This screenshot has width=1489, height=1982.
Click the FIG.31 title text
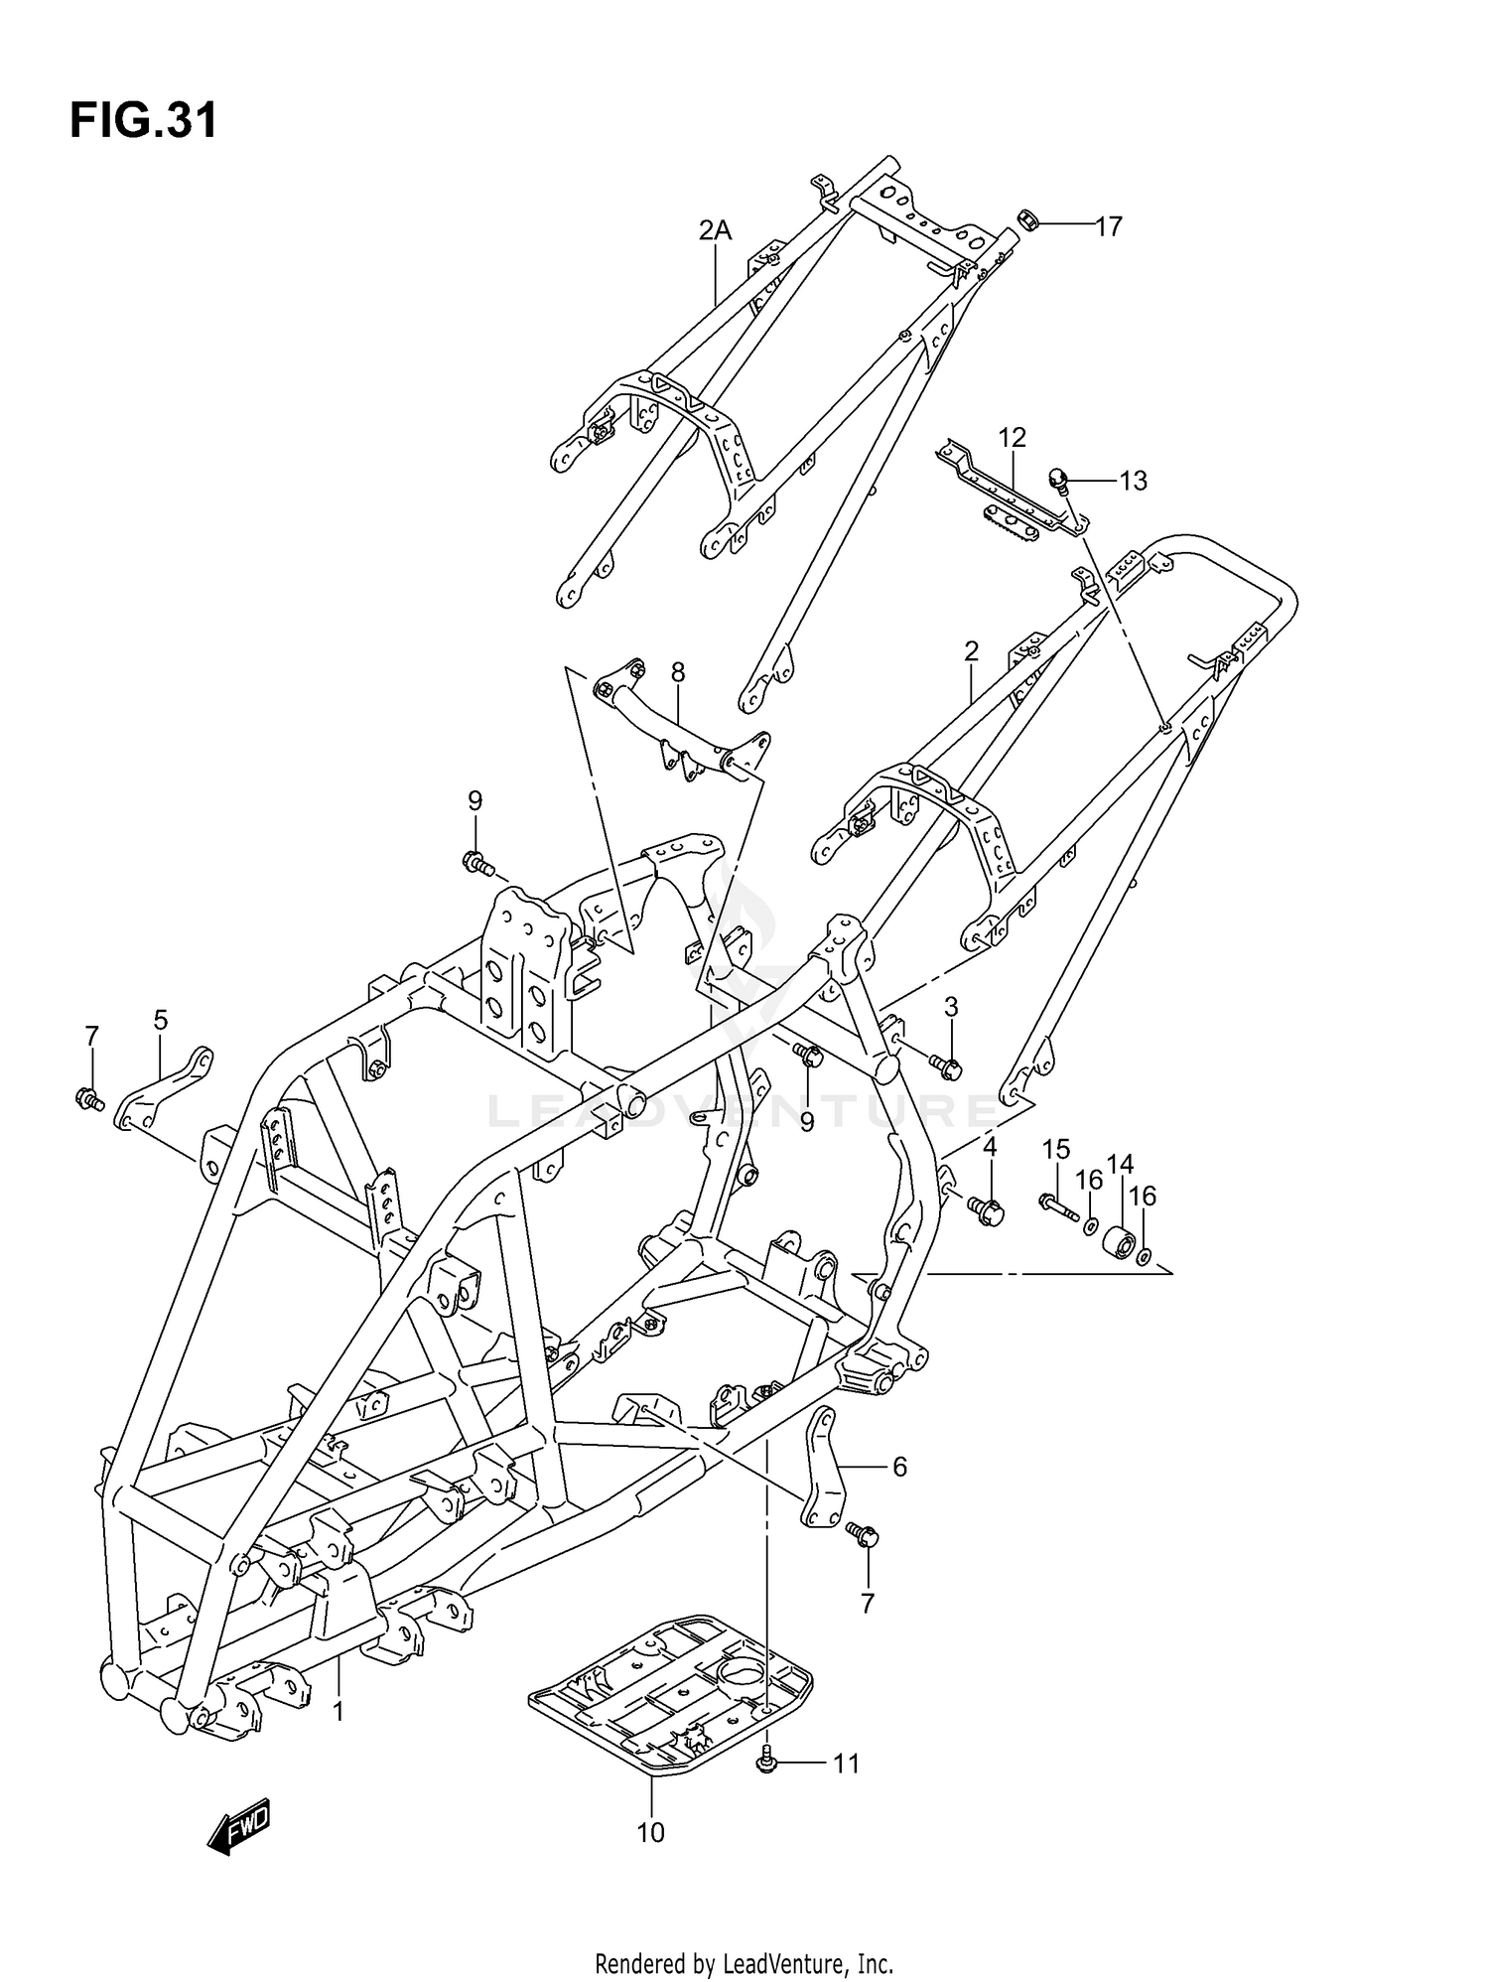tap(143, 122)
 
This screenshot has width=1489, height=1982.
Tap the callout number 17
tap(1108, 227)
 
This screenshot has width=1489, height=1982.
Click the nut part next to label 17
tap(1028, 220)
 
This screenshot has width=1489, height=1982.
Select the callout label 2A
tap(714, 230)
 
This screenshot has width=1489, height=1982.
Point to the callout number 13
tap(1133, 481)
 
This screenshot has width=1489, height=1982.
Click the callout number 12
tap(1012, 437)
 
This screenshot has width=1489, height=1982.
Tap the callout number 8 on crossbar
tap(677, 672)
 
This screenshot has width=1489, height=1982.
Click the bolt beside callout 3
tap(944, 1066)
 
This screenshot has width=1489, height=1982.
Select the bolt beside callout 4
tap(987, 1209)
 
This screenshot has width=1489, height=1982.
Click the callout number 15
tap(1056, 1150)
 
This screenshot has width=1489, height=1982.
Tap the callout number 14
tap(1121, 1164)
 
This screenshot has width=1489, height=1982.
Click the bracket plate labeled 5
tap(165, 1088)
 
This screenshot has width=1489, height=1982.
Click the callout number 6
tap(899, 1467)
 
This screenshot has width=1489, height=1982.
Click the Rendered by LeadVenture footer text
tap(744, 1935)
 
